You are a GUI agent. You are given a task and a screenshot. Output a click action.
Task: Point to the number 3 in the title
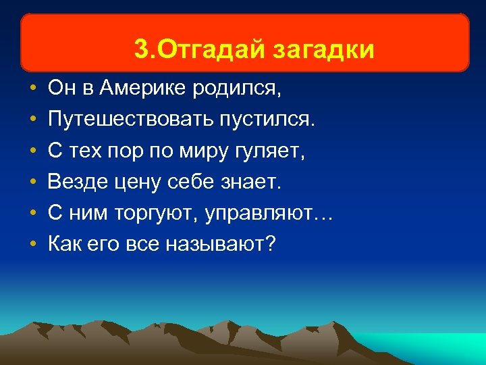coord(140,49)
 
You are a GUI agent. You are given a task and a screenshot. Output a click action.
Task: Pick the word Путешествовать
coord(128,120)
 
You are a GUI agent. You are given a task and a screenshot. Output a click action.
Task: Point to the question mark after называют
coord(271,244)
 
